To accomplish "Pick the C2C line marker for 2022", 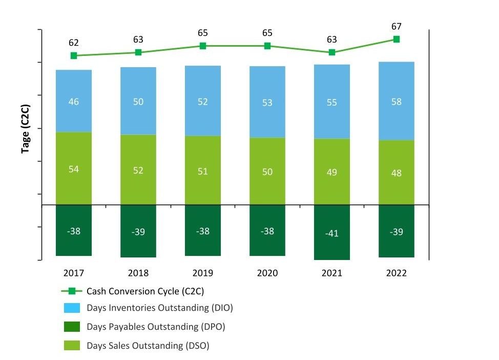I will [397, 39].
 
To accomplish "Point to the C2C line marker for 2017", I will [74, 55].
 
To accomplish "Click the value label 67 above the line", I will [397, 27].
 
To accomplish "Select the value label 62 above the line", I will [74, 43].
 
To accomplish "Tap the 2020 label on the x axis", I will [267, 273].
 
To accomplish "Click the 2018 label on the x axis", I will [138, 273].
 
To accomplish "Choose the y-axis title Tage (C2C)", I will [25, 129].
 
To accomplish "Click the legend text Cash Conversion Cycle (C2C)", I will [145, 291].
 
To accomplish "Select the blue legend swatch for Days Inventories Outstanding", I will [71, 308].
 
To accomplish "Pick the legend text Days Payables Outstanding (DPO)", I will [156, 327].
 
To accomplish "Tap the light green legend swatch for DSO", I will [71, 345].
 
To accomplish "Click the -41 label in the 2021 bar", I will [332, 233].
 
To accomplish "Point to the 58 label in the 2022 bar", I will [397, 102].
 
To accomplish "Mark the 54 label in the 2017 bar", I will [74, 169].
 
